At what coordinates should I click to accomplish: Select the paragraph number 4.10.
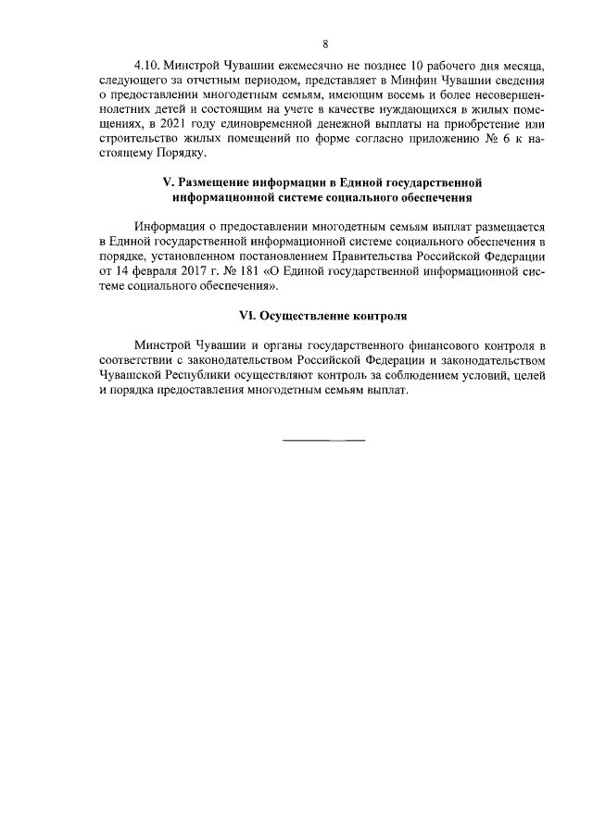pos(148,69)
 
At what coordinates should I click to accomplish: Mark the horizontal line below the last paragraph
pos(323,438)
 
